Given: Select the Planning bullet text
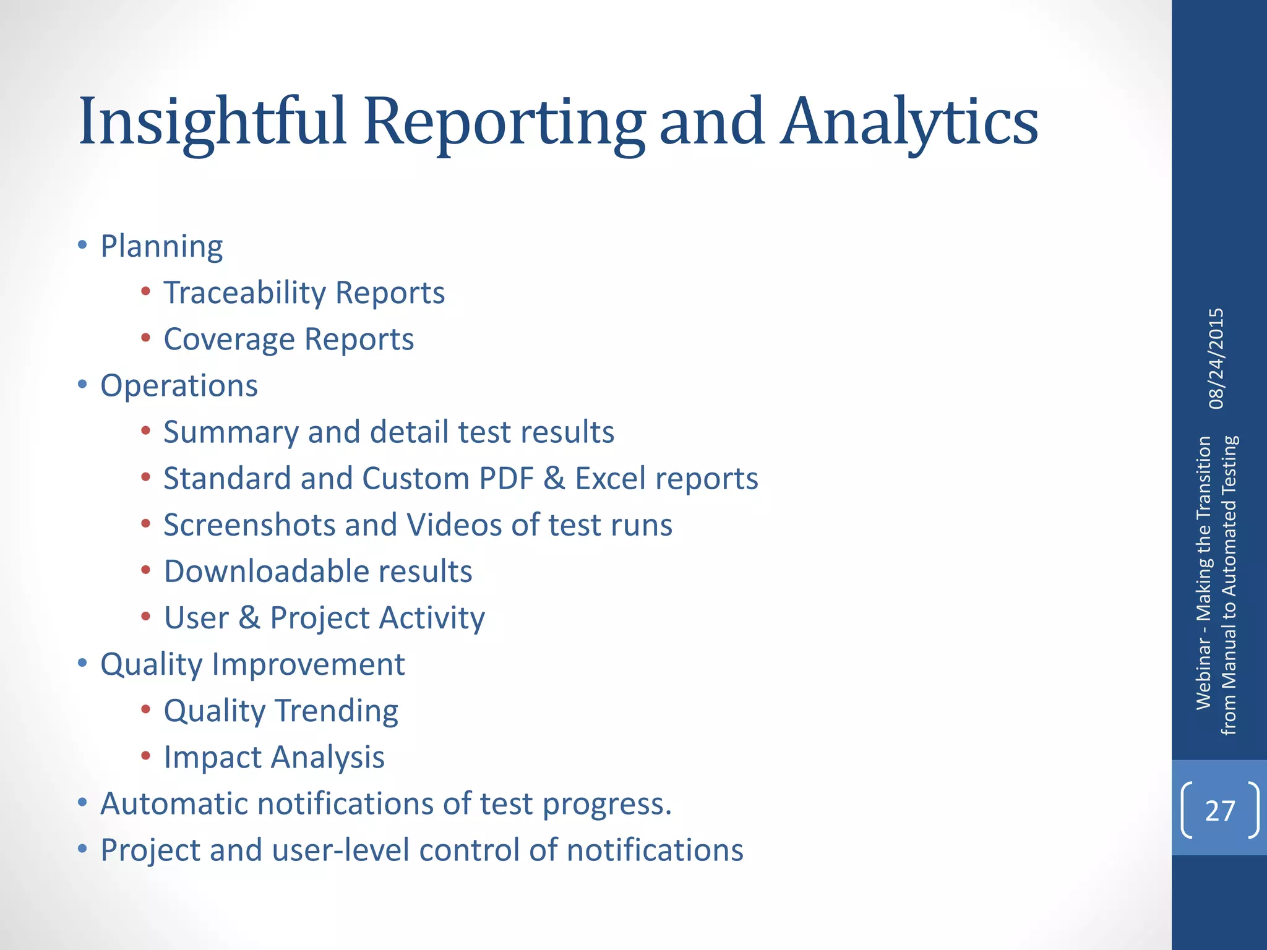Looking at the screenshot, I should [x=161, y=246].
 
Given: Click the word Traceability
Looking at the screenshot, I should [x=244, y=293].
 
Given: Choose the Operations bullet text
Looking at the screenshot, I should [x=179, y=386].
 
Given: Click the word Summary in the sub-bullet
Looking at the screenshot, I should [x=231, y=432].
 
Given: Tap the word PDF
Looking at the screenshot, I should [x=506, y=479].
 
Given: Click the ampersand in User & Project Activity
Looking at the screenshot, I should [x=249, y=618].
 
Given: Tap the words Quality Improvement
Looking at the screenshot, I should [x=252, y=665].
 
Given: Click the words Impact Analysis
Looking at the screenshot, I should [x=274, y=758].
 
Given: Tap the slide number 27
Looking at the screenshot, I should [x=1219, y=810].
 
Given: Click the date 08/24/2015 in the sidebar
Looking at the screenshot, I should [x=1216, y=359].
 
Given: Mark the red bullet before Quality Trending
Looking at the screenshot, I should [x=145, y=709].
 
